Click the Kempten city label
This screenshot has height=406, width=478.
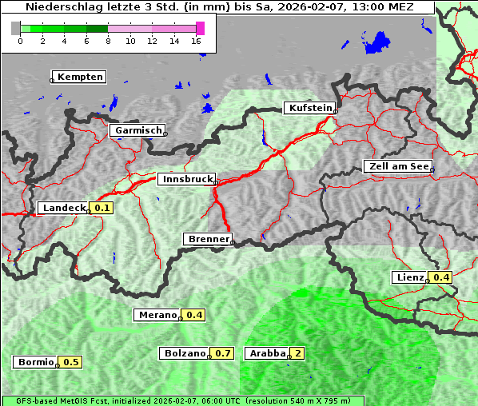click(x=78, y=77)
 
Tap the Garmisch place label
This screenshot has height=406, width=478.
click(x=137, y=130)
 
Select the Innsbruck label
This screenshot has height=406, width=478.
click(x=185, y=180)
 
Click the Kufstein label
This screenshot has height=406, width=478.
click(x=309, y=108)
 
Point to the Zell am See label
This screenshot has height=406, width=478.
click(x=398, y=166)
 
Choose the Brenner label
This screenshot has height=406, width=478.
click(x=208, y=239)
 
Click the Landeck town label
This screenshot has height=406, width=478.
click(x=63, y=208)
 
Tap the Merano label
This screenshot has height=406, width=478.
click(x=157, y=315)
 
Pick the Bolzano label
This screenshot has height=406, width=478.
click(x=185, y=353)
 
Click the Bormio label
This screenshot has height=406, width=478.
click(x=36, y=362)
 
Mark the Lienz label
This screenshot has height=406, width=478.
click(x=410, y=277)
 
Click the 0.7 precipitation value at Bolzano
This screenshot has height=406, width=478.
click(x=223, y=353)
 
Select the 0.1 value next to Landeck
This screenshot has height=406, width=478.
click(x=102, y=208)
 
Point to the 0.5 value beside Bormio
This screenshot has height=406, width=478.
click(x=71, y=362)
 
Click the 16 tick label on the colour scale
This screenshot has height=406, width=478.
click(x=197, y=41)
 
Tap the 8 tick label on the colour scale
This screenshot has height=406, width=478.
click(x=108, y=41)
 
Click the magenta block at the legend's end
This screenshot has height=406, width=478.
click(x=200, y=28)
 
